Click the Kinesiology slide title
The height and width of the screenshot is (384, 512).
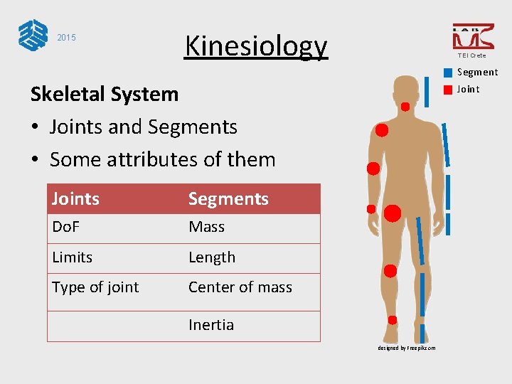(256, 46)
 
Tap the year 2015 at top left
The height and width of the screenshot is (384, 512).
(66, 38)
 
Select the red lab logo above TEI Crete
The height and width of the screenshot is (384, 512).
(473, 36)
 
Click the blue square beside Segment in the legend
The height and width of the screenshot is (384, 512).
(447, 73)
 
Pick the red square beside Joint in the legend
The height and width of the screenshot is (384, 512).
(447, 90)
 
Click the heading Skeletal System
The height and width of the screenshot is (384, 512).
(105, 94)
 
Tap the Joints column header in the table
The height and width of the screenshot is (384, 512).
(75, 199)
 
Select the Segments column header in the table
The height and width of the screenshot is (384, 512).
(228, 199)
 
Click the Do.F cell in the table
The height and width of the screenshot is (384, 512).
(67, 228)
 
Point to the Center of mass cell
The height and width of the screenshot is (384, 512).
(240, 287)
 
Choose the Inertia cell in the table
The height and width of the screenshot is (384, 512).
(211, 325)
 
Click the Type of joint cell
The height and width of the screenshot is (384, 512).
(95, 287)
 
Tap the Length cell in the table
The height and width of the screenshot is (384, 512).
(212, 257)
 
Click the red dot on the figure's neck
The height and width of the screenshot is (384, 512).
(405, 107)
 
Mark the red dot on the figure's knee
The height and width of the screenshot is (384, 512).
(390, 271)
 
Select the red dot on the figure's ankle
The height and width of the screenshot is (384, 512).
(393, 321)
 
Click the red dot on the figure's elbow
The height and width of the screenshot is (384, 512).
(373, 169)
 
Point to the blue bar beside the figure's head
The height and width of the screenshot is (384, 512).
(426, 92)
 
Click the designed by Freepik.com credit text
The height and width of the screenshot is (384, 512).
(407, 348)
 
